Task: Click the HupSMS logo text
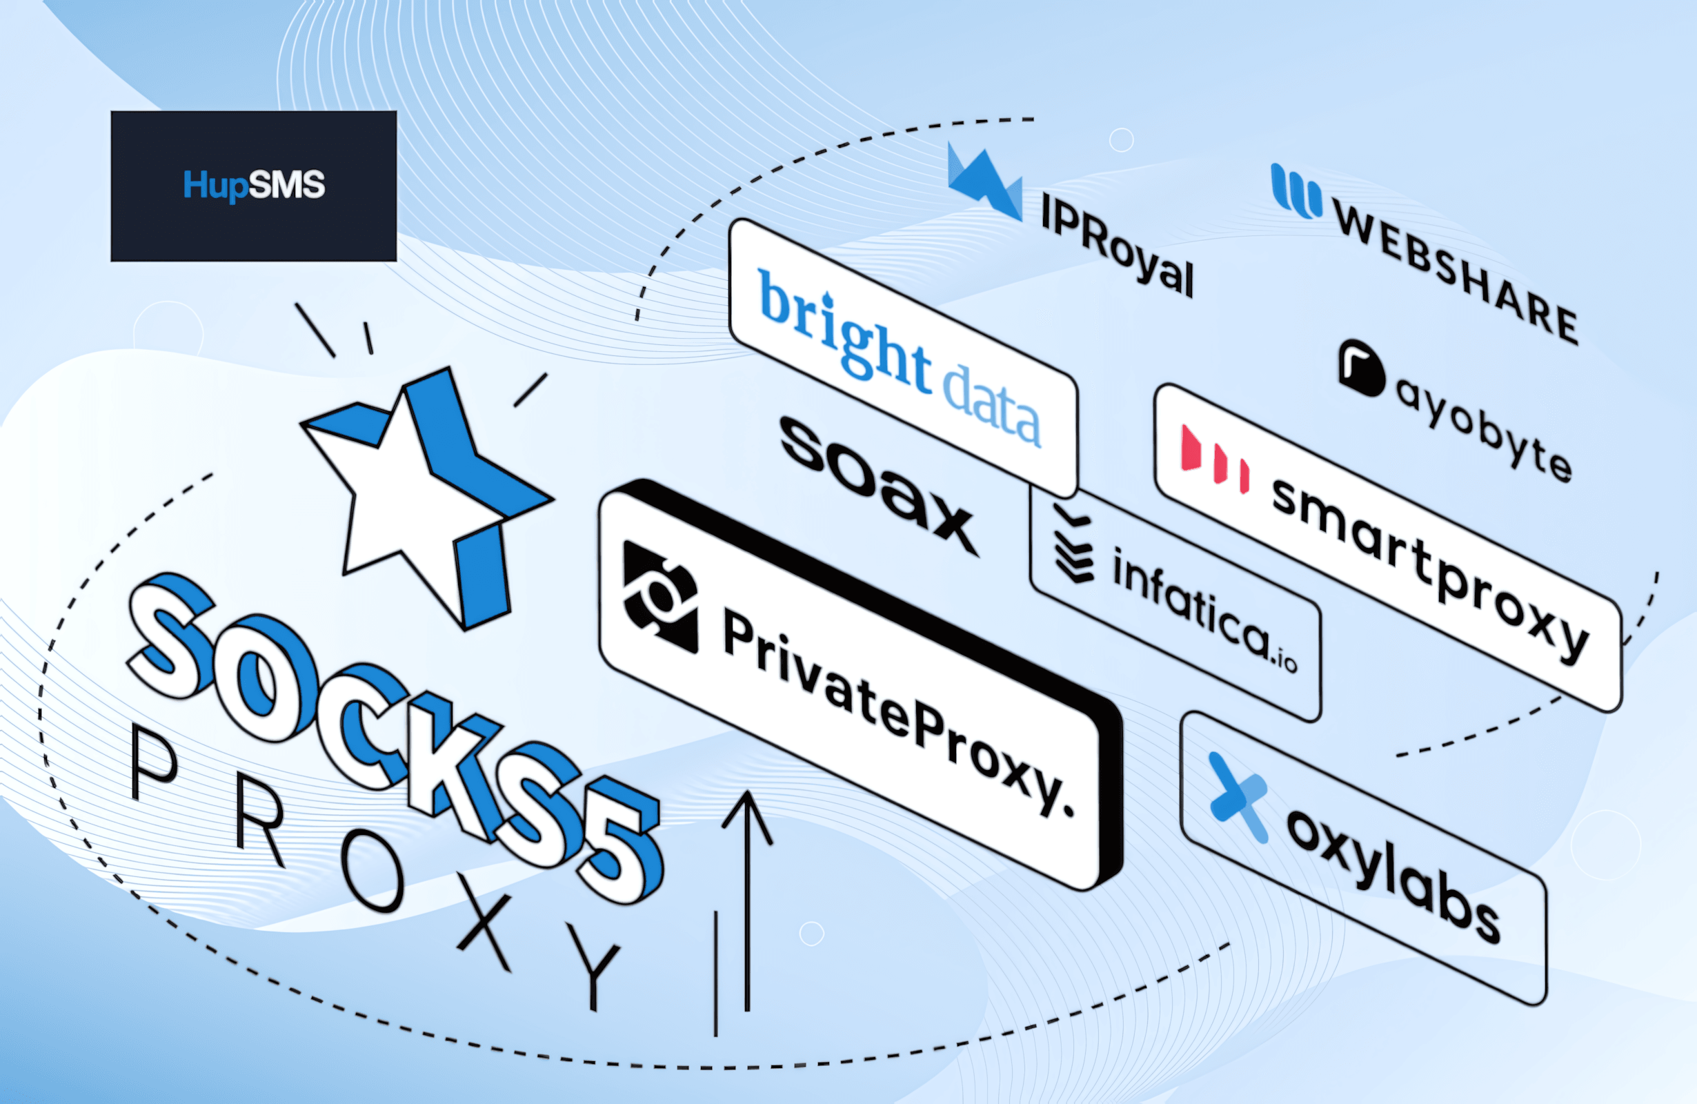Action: pos(254,186)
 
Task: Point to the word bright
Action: pos(845,333)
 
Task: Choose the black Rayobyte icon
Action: pos(1361,367)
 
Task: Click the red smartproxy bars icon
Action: pos(1214,459)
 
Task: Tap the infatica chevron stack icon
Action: pos(1073,544)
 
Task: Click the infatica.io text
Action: pos(1204,611)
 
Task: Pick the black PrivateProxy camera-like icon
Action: pos(660,596)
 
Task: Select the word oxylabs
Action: pos(1394,875)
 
